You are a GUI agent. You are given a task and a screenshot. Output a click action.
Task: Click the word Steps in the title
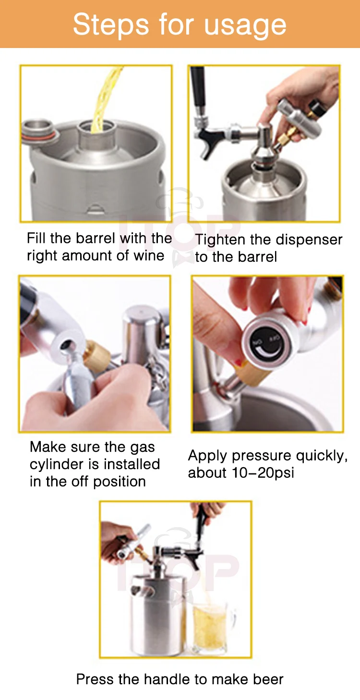pos(110,24)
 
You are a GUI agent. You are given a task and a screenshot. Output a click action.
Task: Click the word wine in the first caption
pos(149,255)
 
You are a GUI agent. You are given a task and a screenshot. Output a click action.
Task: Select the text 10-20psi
pos(263,473)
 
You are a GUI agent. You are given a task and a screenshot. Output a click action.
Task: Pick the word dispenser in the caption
pos(309,241)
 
